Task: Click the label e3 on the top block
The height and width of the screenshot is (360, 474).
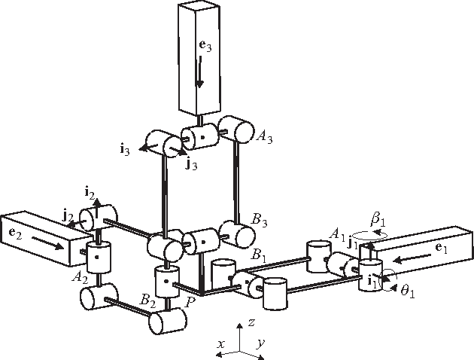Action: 201,44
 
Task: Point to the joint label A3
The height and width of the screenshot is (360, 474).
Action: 265,136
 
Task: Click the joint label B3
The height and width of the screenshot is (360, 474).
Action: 260,221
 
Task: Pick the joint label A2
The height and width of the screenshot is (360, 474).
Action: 78,276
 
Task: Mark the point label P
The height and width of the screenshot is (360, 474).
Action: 191,300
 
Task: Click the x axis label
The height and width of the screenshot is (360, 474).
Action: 221,343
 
